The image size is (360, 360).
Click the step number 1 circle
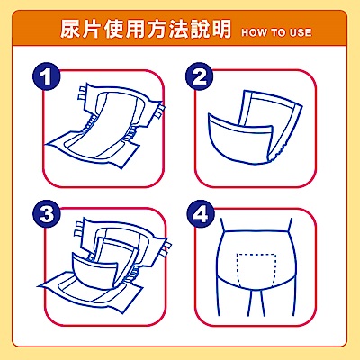(47, 76)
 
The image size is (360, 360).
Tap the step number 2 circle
(200, 76)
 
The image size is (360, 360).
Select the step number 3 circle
(47, 214)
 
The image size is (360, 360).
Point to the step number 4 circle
(201, 214)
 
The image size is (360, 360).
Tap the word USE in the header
(301, 32)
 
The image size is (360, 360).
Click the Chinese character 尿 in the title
(71, 29)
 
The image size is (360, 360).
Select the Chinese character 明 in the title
(221, 29)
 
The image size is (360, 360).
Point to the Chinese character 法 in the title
(178, 29)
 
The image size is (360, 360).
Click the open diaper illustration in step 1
(105, 126)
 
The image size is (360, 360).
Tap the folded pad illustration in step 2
(255, 128)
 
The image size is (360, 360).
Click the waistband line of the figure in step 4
(256, 231)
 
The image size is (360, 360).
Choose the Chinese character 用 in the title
(135, 29)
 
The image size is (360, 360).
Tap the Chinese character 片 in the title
(92, 29)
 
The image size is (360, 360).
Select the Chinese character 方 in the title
(157, 29)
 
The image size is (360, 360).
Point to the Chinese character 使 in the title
(113, 29)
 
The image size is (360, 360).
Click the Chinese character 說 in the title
(200, 29)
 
